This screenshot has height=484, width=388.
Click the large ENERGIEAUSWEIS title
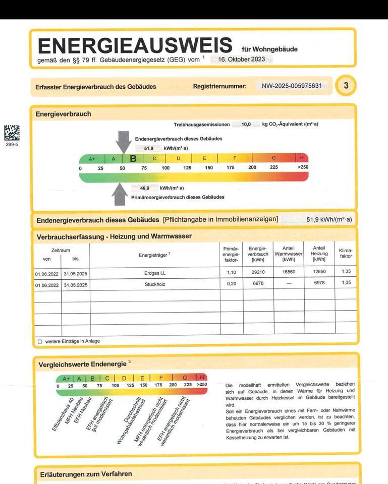point(135,46)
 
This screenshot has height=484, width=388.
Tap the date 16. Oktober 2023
point(241,59)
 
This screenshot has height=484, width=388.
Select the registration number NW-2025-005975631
point(292,86)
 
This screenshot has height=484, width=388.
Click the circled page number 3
point(346,86)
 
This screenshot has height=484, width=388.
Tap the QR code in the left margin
point(12,133)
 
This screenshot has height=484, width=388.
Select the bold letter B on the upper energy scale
point(133,158)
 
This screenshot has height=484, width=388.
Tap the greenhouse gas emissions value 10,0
point(246,124)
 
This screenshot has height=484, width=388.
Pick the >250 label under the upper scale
point(303,167)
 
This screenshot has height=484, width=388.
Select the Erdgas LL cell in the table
point(154,273)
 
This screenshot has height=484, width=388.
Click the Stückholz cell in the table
point(154,284)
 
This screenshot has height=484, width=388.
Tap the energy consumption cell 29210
point(258,273)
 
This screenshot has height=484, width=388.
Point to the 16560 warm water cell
point(289,273)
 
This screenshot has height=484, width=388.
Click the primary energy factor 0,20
point(231,284)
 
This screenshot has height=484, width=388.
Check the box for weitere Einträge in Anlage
point(40,342)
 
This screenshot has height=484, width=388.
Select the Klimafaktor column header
point(346,253)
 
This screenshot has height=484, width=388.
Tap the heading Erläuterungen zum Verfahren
point(86,474)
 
